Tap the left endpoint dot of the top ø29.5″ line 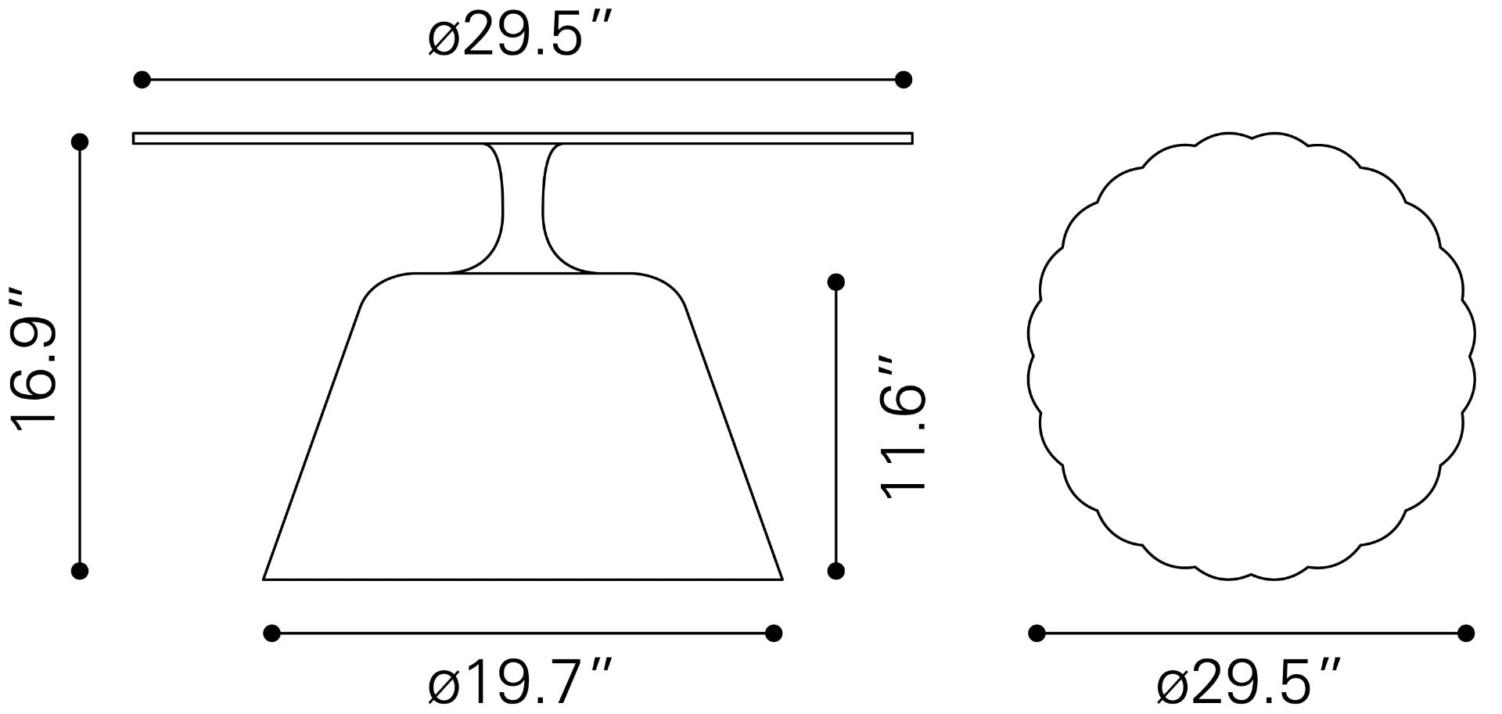pos(142,79)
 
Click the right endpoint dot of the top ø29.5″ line pos(904,79)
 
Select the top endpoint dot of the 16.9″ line pos(79,142)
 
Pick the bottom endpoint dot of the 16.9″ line pos(79,571)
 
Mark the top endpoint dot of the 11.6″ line pos(835,282)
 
